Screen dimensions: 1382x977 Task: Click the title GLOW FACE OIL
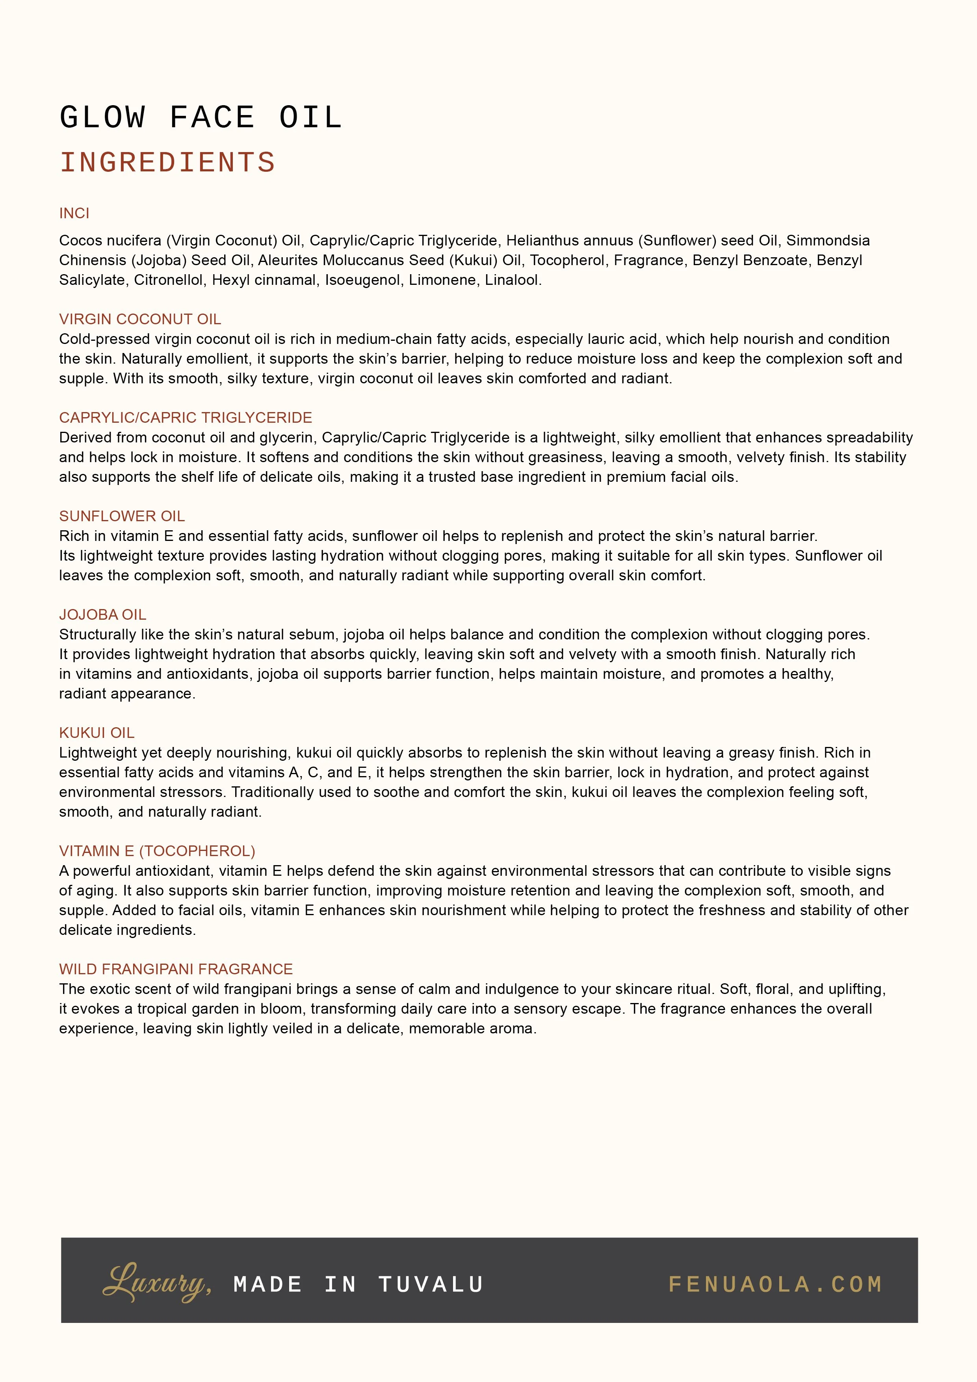point(201,118)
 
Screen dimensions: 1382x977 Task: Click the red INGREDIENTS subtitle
point(167,163)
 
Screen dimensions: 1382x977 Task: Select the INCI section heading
point(74,213)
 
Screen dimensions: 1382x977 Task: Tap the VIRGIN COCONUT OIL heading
point(140,319)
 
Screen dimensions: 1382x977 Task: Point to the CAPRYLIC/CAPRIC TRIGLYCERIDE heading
point(186,418)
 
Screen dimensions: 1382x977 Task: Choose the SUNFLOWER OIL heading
point(122,516)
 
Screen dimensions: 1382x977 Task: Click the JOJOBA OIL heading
point(102,615)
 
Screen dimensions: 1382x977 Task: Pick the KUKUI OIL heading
point(96,732)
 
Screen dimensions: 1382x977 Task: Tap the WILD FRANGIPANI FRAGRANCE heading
point(176,968)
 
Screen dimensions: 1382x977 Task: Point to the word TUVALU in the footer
point(431,1284)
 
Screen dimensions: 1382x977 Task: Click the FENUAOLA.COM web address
point(775,1284)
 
